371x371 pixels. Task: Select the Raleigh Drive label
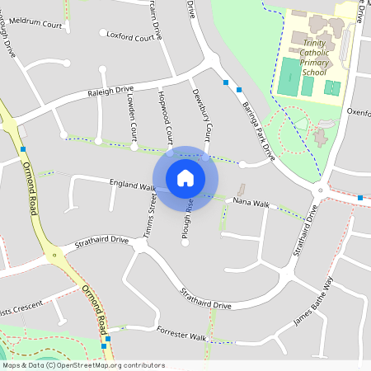pyautogui.click(x=110, y=91)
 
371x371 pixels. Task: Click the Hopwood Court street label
pyautogui.click(x=164, y=116)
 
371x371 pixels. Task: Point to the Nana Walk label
pyautogui.click(x=251, y=203)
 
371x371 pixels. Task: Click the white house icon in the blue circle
pyautogui.click(x=185, y=177)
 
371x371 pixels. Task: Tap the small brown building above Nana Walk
pyautogui.click(x=242, y=189)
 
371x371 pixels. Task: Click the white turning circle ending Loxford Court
pyautogui.click(x=103, y=33)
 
